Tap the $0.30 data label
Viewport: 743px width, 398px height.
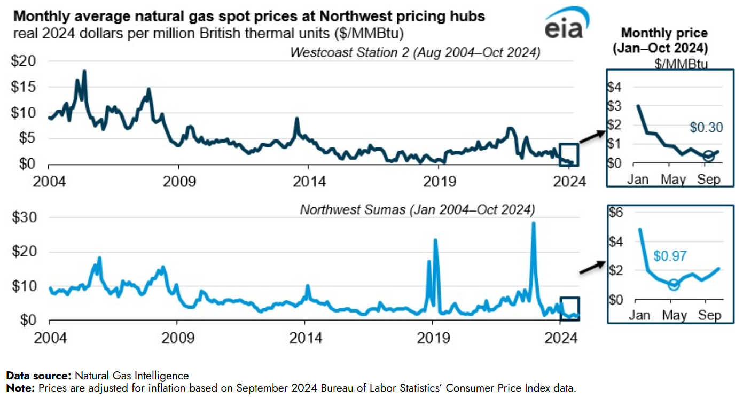[x=706, y=128]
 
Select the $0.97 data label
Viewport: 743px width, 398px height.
[x=670, y=256]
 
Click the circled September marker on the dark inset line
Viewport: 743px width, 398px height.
[x=708, y=156]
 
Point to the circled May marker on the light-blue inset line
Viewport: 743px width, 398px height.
[x=674, y=285]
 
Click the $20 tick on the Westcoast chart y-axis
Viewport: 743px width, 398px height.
[x=24, y=61]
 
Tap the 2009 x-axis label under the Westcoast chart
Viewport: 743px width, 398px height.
[x=179, y=182]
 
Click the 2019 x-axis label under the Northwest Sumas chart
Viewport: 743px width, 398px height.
[x=433, y=338]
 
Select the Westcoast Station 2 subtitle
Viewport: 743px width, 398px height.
[x=415, y=52]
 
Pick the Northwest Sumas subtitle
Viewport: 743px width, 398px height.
[x=417, y=209]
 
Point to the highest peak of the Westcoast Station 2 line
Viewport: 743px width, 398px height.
[x=84, y=71]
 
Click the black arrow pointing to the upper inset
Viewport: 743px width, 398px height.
[x=592, y=136]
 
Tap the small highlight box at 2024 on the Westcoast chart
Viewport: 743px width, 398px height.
[x=568, y=154]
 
